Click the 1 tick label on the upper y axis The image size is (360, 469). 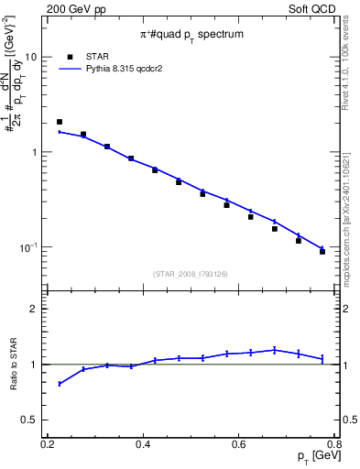pyautogui.click(x=35, y=152)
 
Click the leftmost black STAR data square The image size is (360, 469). pyautogui.click(x=60, y=122)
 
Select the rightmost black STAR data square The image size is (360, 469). pyautogui.click(x=322, y=252)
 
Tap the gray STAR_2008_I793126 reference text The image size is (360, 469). pyautogui.click(x=191, y=273)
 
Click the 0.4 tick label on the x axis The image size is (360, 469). pyautogui.click(x=143, y=444)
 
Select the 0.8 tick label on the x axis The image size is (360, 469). pyautogui.click(x=333, y=444)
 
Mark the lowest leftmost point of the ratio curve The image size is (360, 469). pyautogui.click(x=60, y=384)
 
